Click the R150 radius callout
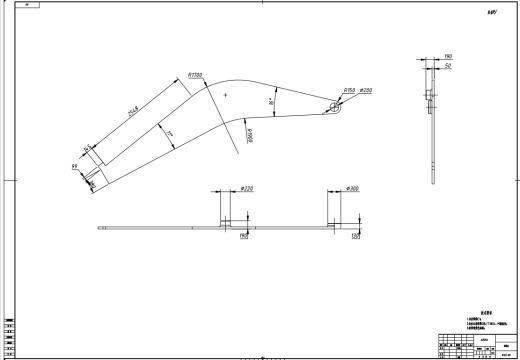tap(350, 90)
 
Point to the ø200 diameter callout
tap(366, 90)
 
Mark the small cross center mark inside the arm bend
tap(227, 94)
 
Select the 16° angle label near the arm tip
tap(272, 102)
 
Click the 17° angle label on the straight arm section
tap(171, 134)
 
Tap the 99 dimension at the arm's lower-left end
tap(75, 166)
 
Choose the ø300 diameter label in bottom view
tap(351, 188)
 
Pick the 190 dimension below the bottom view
tap(243, 236)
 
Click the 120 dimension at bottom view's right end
tap(355, 236)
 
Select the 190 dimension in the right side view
tap(448, 57)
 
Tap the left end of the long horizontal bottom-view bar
tap(100, 227)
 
